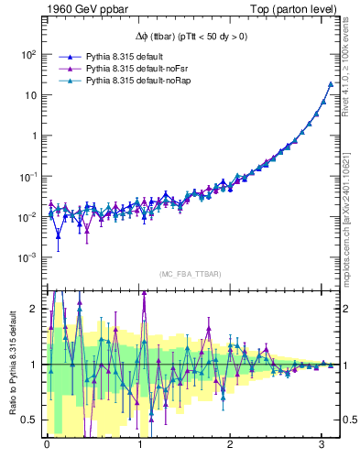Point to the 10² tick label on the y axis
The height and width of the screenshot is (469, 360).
(x=28, y=54)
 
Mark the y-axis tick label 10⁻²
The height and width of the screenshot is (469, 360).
(x=28, y=217)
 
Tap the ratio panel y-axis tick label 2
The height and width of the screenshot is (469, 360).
(x=34, y=308)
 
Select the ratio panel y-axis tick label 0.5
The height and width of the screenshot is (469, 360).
(x=30, y=420)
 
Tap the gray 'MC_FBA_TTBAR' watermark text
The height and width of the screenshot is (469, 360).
(x=190, y=274)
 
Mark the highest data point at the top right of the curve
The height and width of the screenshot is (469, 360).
(x=331, y=84)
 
